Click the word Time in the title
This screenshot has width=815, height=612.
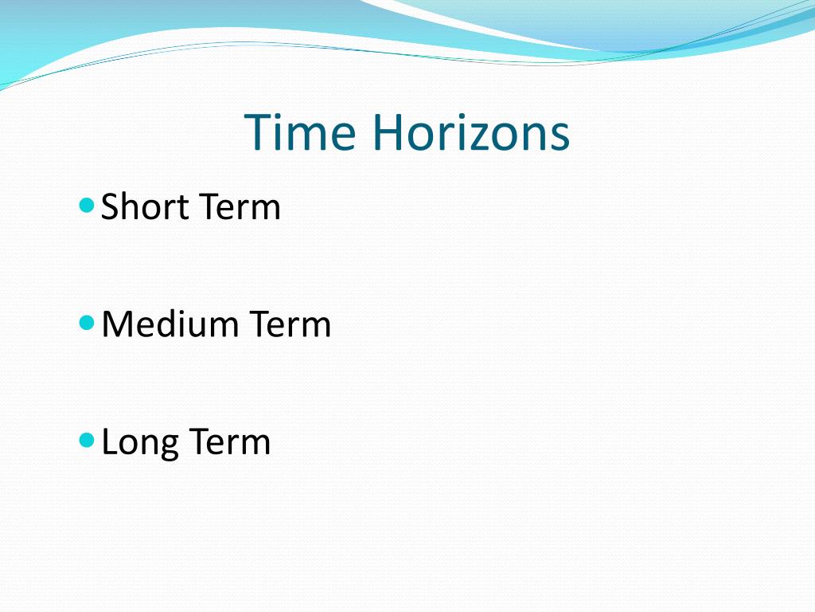click(x=299, y=132)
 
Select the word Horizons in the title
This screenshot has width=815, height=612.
click(x=470, y=132)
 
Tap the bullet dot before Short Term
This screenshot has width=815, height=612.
click(x=88, y=206)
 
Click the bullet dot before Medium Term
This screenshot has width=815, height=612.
click(x=88, y=323)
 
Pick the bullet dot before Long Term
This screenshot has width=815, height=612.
click(x=88, y=440)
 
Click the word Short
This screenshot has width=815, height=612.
click(x=146, y=207)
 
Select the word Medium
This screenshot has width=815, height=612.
click(x=170, y=324)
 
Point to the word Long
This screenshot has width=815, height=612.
click(x=138, y=442)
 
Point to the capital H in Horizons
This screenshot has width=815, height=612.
click(x=387, y=132)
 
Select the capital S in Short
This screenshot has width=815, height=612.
click(x=111, y=207)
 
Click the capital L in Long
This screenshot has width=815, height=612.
click(x=109, y=442)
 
